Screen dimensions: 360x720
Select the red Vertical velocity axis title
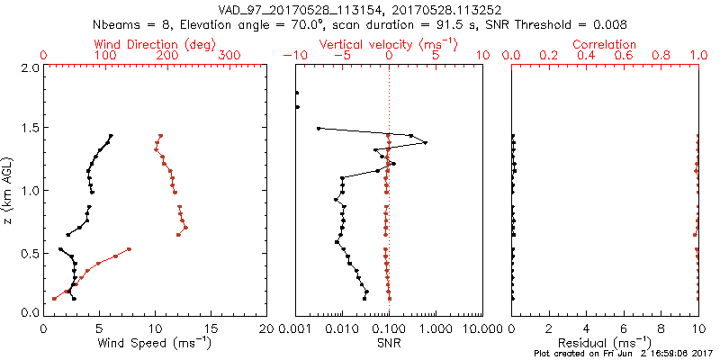pos(388,43)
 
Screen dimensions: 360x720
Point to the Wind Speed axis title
pos(156,342)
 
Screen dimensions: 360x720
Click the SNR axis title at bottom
pos(388,342)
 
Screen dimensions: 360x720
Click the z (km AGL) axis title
pos(9,190)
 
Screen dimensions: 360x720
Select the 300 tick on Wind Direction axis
pos(231,56)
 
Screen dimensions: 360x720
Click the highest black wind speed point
pos(111,136)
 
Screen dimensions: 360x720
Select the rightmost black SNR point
pos(425,142)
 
